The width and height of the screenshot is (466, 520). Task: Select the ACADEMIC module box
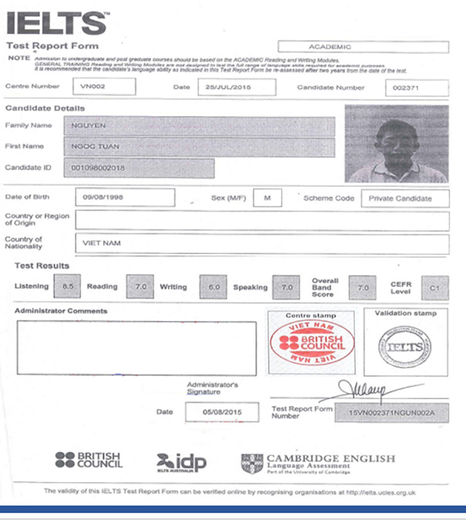(363, 47)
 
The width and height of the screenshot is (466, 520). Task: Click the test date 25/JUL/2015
(227, 87)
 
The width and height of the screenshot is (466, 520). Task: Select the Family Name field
(199, 126)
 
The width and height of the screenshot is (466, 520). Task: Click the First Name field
(199, 147)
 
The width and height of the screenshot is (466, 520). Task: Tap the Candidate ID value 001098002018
(139, 168)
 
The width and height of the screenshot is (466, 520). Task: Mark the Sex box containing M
(267, 198)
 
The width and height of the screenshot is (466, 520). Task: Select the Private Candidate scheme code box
(405, 198)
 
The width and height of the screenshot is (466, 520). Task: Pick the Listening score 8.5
(67, 286)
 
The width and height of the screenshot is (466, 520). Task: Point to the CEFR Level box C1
(435, 288)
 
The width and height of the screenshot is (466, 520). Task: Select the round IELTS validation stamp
(405, 347)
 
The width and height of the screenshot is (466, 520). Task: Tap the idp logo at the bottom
(181, 462)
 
